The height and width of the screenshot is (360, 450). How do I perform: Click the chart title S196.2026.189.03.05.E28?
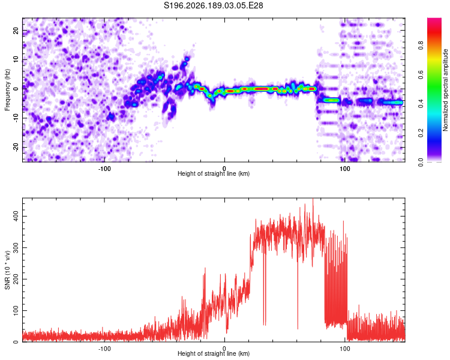(x=213, y=5)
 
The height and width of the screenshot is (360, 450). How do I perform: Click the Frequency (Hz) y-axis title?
(x=7, y=90)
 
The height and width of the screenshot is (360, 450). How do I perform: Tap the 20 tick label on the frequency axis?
(x=16, y=31)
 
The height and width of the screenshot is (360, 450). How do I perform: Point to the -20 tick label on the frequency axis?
(x=16, y=148)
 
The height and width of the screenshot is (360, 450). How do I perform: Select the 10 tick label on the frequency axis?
(x=16, y=59)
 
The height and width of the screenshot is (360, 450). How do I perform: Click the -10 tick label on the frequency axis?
(x=16, y=118)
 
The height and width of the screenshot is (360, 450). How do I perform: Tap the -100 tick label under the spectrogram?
(x=104, y=169)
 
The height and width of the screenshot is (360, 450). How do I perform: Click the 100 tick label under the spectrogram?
(x=344, y=169)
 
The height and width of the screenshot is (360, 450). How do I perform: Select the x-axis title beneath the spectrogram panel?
(x=214, y=173)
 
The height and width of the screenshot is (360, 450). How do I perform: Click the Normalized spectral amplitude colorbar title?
(x=445, y=90)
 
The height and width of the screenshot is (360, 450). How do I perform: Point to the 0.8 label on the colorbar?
(x=421, y=46)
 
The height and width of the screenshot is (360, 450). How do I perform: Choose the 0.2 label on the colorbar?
(x=421, y=133)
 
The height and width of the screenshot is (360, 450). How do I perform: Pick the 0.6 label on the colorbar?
(x=421, y=74)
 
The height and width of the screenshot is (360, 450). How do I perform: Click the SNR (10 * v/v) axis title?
(x=7, y=270)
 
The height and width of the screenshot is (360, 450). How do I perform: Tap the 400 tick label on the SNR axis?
(x=16, y=216)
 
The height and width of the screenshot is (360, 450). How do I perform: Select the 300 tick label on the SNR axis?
(x=16, y=247)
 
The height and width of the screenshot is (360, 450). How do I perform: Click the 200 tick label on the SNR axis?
(x=16, y=279)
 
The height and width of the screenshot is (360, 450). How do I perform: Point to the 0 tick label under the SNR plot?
(x=224, y=349)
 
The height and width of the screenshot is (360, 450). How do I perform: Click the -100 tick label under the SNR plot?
(x=104, y=349)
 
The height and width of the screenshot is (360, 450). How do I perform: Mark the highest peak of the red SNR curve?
(x=313, y=199)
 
